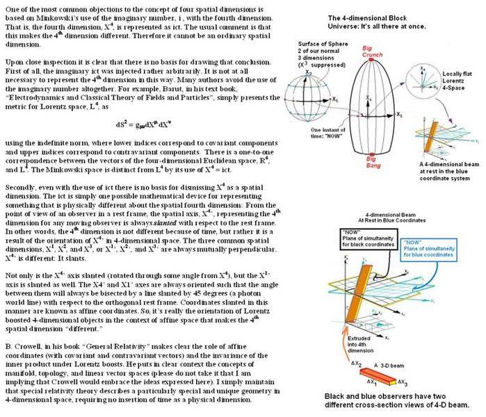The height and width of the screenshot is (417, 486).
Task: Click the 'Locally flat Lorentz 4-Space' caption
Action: click(464, 89)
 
